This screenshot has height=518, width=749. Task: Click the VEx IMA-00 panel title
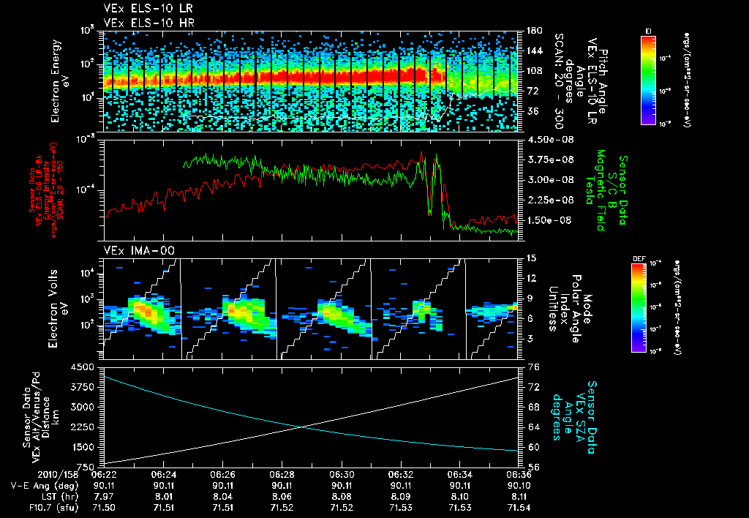tap(132, 250)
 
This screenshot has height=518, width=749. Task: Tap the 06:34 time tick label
tap(459, 474)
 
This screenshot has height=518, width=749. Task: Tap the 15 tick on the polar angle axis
tap(530, 258)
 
